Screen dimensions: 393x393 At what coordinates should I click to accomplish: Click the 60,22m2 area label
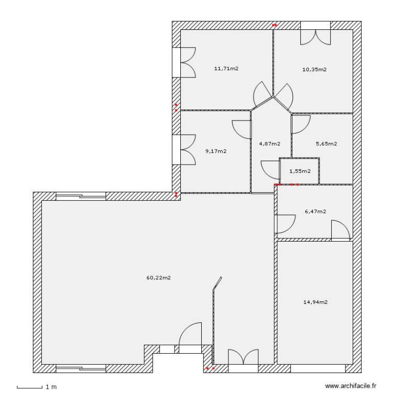tap(159, 278)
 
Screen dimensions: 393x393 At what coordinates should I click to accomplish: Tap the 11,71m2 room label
tap(226, 68)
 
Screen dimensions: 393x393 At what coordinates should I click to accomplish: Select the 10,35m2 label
tap(314, 69)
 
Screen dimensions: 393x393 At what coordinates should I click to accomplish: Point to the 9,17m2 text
tap(216, 151)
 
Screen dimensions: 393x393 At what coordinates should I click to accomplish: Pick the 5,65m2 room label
tap(326, 144)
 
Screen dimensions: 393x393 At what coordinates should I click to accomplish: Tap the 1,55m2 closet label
tap(300, 171)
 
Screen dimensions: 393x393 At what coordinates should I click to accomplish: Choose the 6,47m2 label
tap(315, 212)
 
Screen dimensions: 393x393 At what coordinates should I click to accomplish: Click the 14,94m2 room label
tap(315, 302)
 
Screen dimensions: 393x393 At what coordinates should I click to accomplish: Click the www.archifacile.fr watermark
tap(351, 386)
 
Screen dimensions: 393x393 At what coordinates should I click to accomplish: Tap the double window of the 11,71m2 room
tap(185, 62)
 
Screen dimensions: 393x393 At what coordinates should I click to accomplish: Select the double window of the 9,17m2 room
tap(185, 150)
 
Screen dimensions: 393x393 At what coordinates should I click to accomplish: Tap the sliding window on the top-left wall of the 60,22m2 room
tap(81, 196)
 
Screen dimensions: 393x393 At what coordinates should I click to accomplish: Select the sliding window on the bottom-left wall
tap(81, 368)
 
